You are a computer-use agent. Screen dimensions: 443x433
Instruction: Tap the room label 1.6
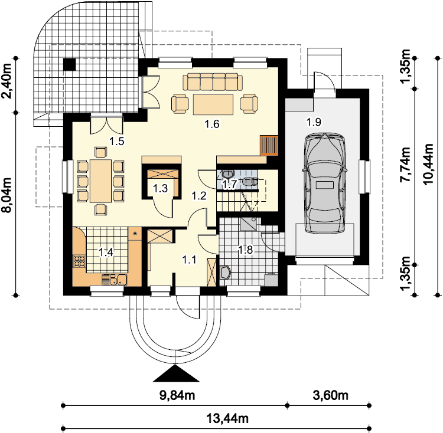point(212,124)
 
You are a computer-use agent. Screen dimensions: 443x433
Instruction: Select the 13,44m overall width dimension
point(227,418)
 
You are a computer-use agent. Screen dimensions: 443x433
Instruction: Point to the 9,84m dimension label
point(177,395)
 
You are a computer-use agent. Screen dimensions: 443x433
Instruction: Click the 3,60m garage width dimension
point(331,395)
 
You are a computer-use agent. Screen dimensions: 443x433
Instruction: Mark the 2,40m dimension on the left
point(6,80)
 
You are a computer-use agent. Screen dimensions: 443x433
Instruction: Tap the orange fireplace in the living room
point(269,145)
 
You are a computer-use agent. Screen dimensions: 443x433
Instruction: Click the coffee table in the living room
point(213,104)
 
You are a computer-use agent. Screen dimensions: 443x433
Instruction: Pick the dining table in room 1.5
point(100,181)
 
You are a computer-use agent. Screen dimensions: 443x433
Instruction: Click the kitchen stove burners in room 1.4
point(79,261)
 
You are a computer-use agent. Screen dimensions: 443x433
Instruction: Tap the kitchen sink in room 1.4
point(115,280)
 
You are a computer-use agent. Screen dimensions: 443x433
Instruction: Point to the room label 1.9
point(314,122)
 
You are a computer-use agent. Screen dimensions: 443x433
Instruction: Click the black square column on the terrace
point(70,64)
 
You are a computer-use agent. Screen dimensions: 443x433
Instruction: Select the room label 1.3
point(160,188)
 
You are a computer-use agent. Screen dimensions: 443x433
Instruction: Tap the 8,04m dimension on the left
point(6,195)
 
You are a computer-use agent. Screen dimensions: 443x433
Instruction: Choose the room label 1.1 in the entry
point(189,260)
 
